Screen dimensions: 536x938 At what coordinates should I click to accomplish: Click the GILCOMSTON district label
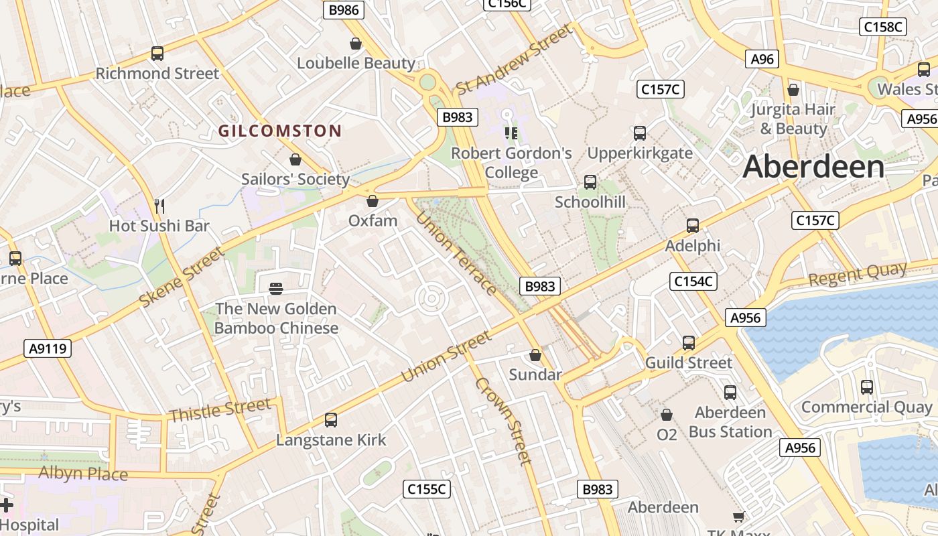click(280, 131)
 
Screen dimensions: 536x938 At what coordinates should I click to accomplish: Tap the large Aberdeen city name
click(813, 167)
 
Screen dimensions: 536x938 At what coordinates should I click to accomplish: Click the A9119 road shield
click(48, 348)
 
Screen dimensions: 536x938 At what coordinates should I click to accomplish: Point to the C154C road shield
click(693, 281)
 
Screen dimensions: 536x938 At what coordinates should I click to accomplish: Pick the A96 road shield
click(762, 59)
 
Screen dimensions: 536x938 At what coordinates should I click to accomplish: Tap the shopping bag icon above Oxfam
click(373, 201)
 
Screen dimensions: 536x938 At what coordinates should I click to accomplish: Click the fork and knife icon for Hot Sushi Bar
click(159, 206)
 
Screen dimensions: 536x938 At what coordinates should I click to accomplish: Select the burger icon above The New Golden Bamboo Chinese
click(276, 289)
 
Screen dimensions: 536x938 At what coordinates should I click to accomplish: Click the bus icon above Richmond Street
click(157, 54)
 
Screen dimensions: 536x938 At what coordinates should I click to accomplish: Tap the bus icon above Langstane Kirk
click(331, 420)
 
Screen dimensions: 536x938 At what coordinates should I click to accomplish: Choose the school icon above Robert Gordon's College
click(511, 133)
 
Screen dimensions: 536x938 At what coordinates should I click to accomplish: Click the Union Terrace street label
click(456, 253)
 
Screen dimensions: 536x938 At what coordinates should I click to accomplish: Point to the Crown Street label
click(503, 421)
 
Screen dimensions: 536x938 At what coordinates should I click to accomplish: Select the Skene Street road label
click(181, 277)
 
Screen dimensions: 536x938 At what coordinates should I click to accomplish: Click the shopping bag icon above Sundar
click(535, 354)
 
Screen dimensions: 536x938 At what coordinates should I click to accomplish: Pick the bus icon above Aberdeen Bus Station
click(730, 393)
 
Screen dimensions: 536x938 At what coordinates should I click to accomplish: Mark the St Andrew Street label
click(515, 60)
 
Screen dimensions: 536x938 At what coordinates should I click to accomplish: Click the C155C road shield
click(427, 489)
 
